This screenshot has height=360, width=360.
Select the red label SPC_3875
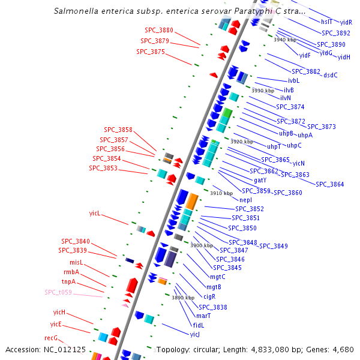click(151, 52)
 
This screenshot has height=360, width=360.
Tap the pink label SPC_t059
click(58, 293)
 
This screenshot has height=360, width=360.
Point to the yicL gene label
click(95, 213)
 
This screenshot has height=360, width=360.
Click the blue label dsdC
click(331, 75)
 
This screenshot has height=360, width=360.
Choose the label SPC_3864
click(330, 184)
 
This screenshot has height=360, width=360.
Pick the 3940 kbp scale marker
click(285, 40)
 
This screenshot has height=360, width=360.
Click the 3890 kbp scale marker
click(183, 298)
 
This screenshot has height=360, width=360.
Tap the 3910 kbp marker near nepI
click(221, 193)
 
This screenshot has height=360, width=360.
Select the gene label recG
click(51, 338)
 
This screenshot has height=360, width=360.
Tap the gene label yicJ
click(195, 334)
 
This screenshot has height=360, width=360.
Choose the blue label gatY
click(260, 180)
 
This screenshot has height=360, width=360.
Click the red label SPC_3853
click(103, 168)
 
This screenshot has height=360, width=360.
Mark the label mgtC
click(217, 277)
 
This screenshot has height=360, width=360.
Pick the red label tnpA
click(68, 281)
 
